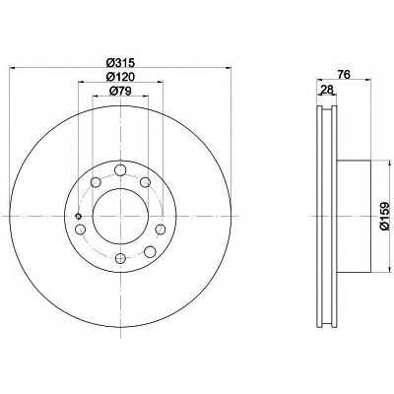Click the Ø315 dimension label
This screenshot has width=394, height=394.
click(x=121, y=62)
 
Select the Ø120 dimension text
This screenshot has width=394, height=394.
click(x=121, y=77)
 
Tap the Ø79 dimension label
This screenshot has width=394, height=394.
click(x=120, y=91)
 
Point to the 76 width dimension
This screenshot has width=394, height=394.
click(x=344, y=75)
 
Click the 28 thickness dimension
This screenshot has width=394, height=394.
click(x=327, y=90)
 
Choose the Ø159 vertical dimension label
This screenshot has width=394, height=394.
click(x=385, y=216)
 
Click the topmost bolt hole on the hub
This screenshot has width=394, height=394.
click(x=120, y=170)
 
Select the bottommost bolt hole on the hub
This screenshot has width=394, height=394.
click(x=121, y=258)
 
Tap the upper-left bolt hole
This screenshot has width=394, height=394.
click(x=96, y=181)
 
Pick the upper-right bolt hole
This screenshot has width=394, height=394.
click(x=145, y=181)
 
